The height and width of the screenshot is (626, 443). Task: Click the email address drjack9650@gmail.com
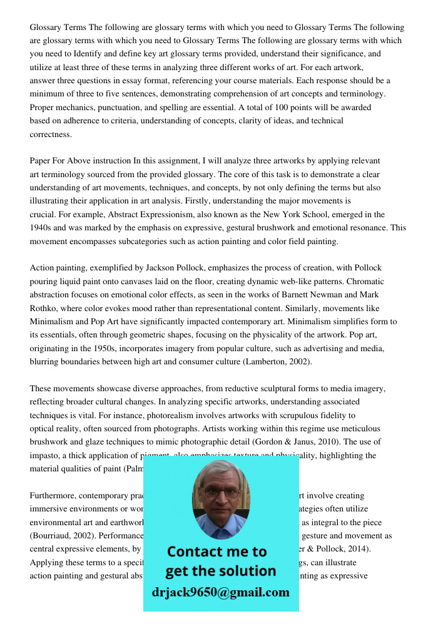click(220, 592)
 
